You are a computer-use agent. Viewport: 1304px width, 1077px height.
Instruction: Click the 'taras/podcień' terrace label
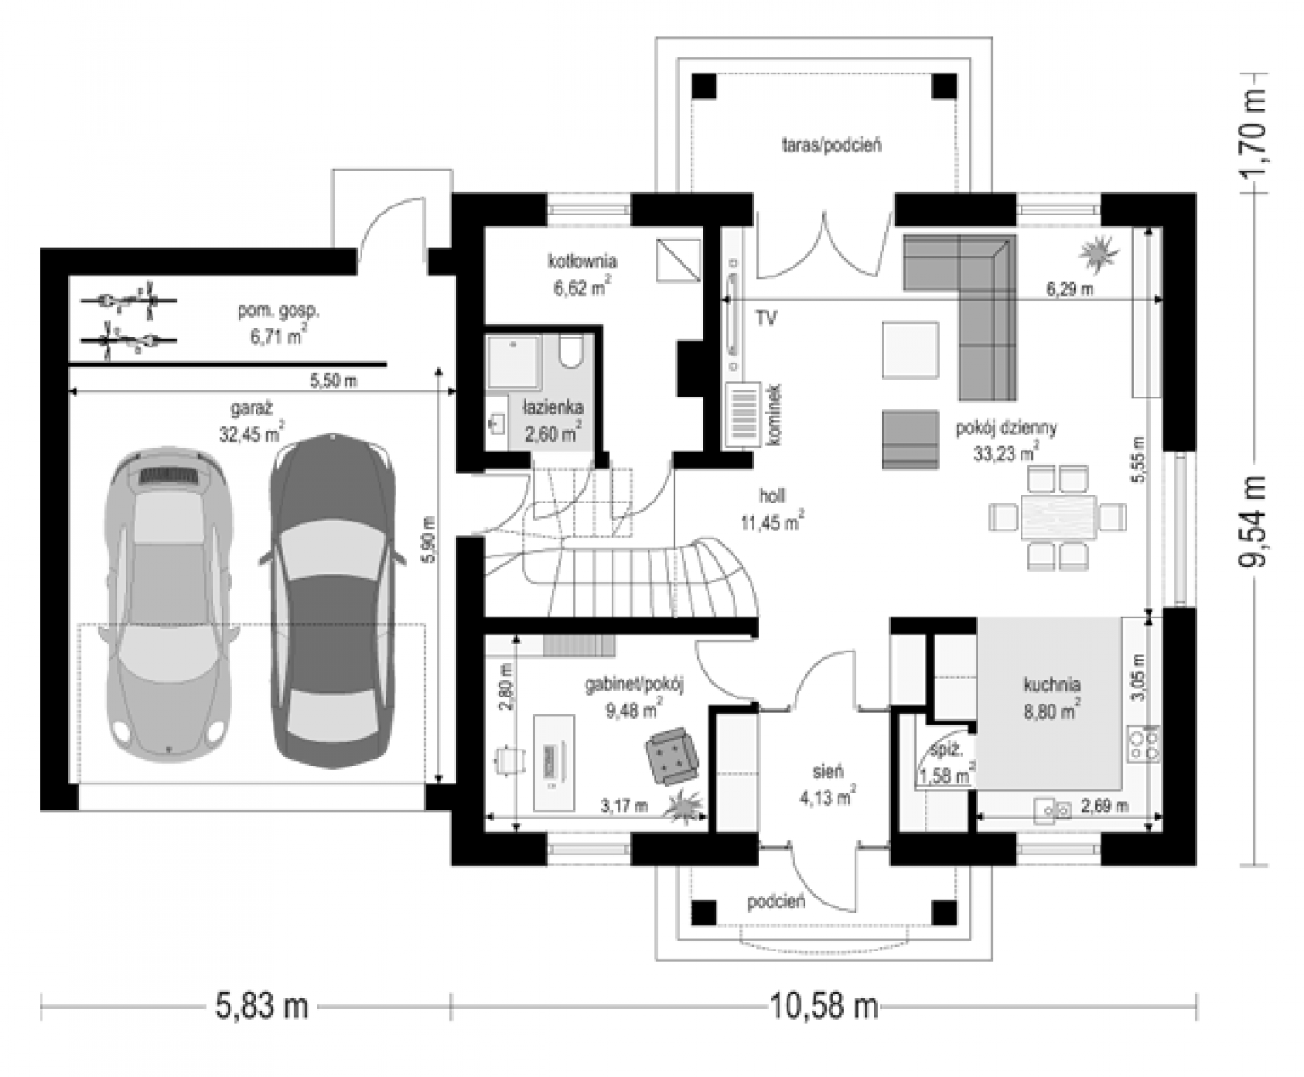[831, 145]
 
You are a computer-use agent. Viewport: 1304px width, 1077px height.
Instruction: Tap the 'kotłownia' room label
[583, 260]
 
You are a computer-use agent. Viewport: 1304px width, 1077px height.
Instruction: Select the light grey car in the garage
[168, 604]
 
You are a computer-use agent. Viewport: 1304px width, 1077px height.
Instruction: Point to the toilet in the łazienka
[569, 352]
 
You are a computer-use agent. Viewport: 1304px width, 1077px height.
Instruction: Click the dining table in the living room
[1059, 517]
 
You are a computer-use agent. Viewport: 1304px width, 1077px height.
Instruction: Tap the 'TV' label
[766, 318]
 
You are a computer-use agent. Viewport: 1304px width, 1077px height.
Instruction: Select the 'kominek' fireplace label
[775, 415]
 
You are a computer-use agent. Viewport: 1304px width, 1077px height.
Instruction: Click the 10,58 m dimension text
[823, 1006]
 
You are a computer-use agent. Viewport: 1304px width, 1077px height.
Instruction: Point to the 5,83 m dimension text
[262, 1006]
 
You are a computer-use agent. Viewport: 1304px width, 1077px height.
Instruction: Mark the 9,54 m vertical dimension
[1252, 522]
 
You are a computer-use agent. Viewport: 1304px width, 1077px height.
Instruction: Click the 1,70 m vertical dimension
[1252, 133]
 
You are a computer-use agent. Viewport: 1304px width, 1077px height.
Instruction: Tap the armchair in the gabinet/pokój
[672, 757]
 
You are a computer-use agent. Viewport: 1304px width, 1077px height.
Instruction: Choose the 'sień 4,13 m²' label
[828, 785]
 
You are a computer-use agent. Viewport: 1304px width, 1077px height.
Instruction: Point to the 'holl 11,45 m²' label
[772, 510]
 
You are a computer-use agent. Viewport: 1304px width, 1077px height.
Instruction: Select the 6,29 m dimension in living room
[1070, 289]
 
